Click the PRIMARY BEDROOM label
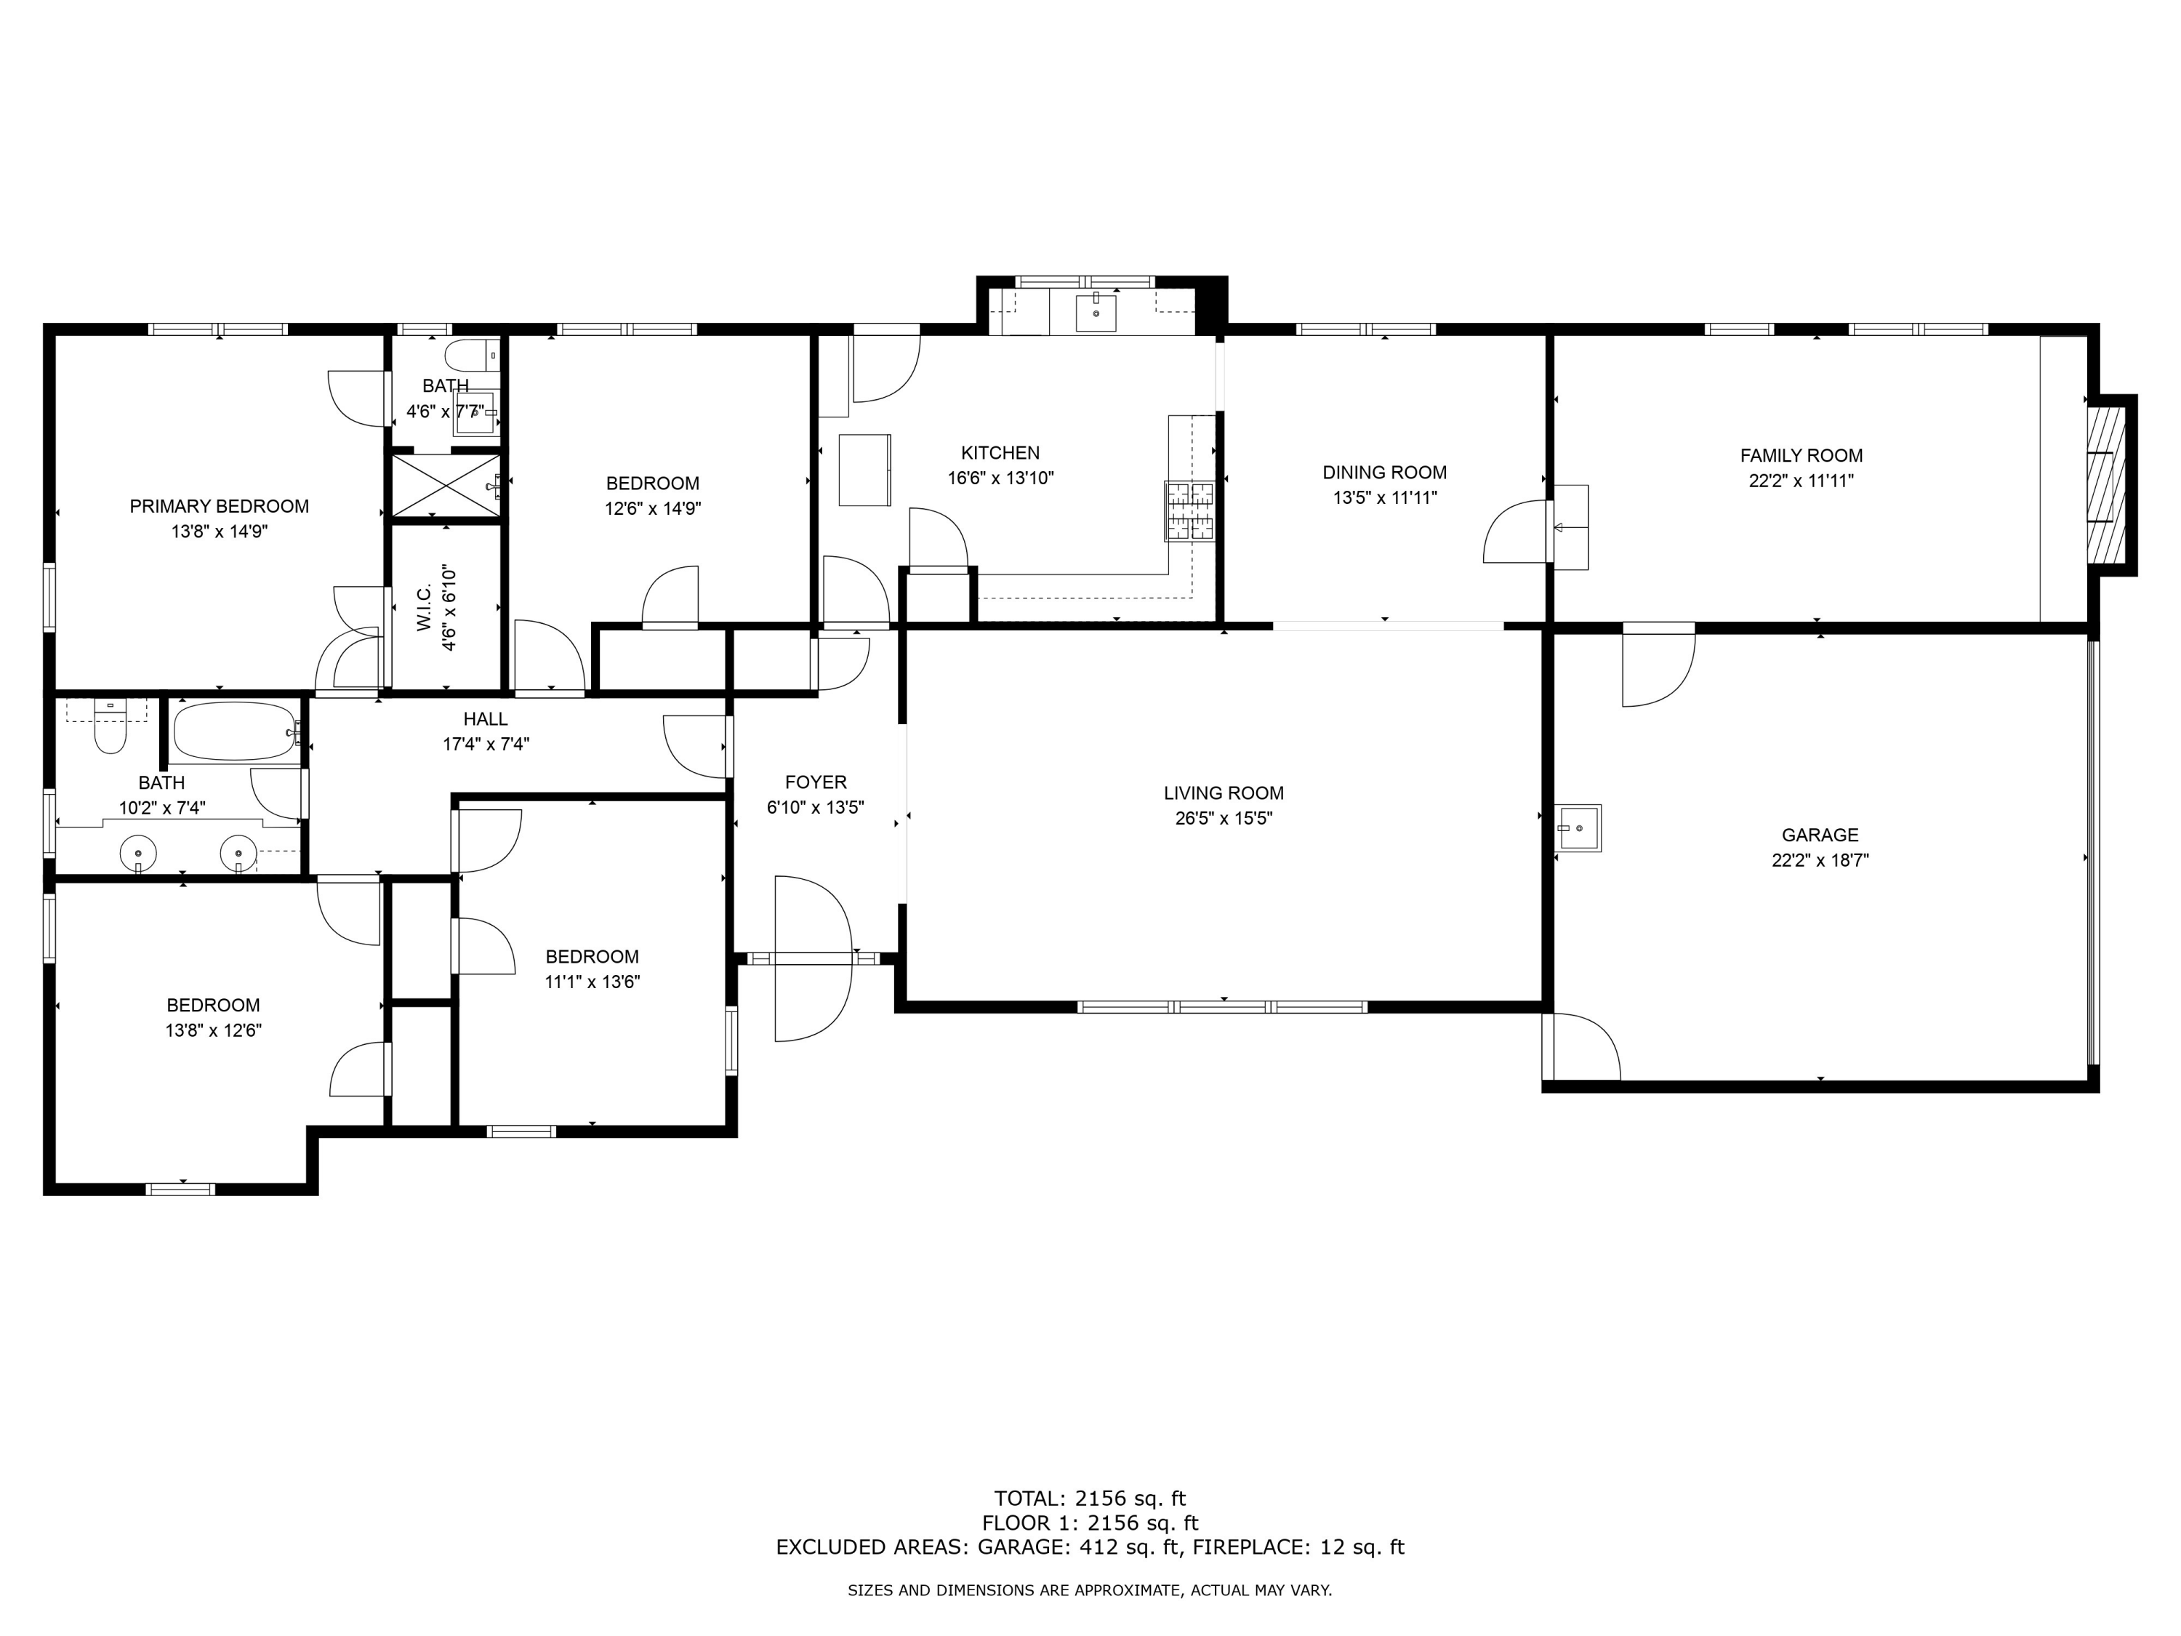[219, 506]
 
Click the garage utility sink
[1578, 828]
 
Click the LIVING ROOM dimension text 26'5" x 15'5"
[1223, 819]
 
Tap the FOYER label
[816, 782]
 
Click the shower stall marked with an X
[446, 484]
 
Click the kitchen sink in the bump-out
[1096, 313]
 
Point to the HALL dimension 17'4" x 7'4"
[485, 745]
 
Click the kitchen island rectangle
[864, 470]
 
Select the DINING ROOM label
[1384, 473]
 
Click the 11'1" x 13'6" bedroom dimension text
[592, 982]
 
